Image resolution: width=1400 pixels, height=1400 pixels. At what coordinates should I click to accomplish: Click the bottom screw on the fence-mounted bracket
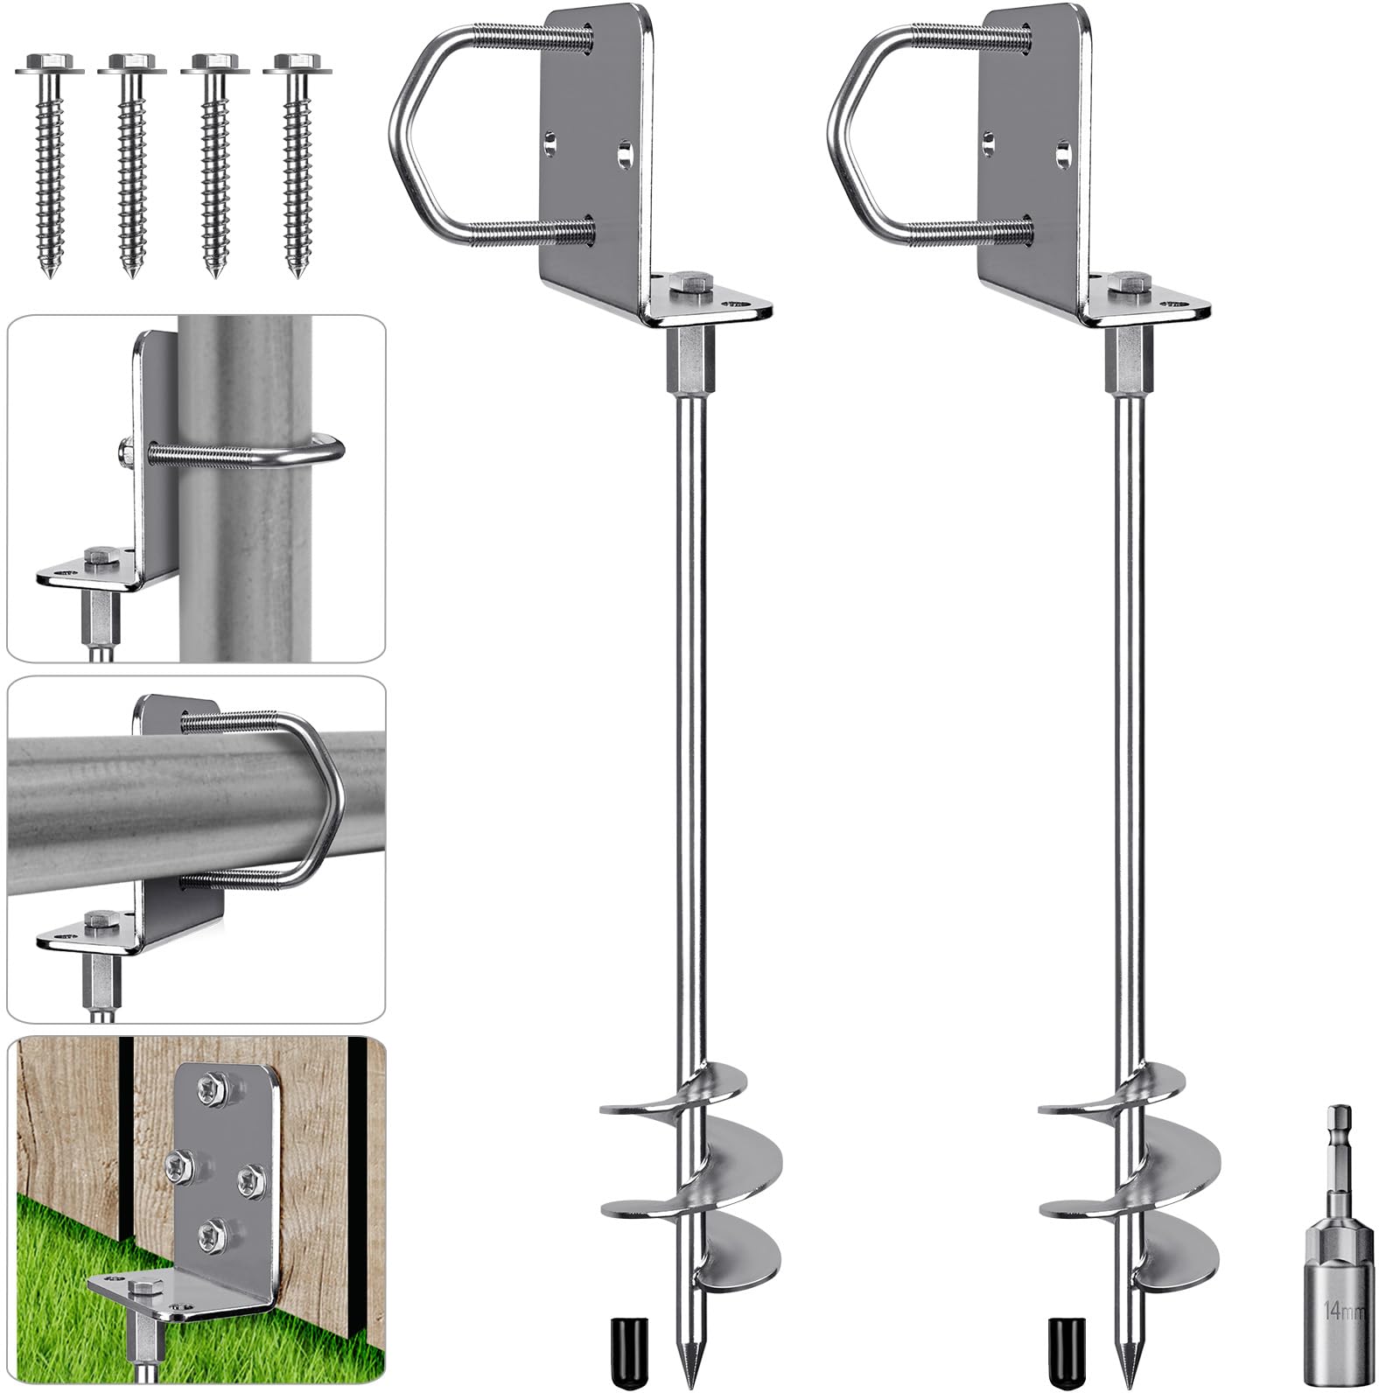click(212, 1235)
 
